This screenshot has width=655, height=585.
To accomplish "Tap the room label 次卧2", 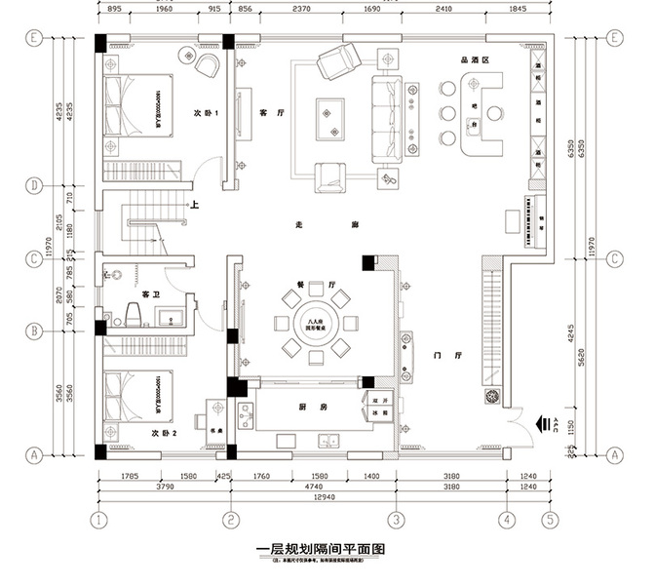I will pyautogui.click(x=164, y=432).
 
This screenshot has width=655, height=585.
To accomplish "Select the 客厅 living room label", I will pyautogui.click(x=272, y=113).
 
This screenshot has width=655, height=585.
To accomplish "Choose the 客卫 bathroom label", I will pyautogui.click(x=151, y=293).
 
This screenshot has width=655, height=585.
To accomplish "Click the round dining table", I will pyautogui.click(x=315, y=322).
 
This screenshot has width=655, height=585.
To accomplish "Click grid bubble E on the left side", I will pyautogui.click(x=34, y=39).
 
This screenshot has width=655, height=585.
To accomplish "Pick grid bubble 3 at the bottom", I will pyautogui.click(x=395, y=519).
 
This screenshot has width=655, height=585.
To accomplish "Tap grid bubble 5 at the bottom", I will pyautogui.click(x=551, y=519).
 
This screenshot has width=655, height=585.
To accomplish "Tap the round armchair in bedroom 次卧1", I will pyautogui.click(x=207, y=65).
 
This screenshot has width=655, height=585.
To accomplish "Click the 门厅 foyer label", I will pyautogui.click(x=438, y=354).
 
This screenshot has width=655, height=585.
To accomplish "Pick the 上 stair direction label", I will pyautogui.click(x=195, y=206).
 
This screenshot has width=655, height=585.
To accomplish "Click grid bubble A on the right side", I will pyautogui.click(x=615, y=454).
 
